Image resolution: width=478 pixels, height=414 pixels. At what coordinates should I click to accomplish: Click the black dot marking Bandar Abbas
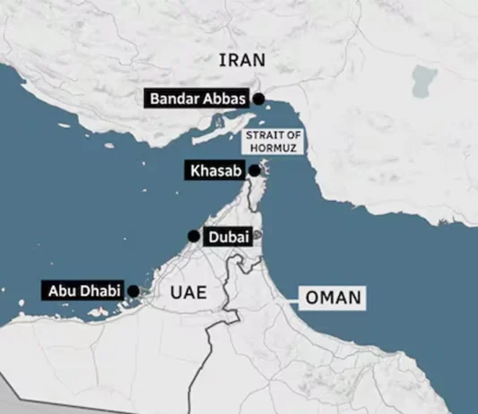[x=259, y=99]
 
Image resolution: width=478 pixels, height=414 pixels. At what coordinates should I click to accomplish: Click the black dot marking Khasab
[x=254, y=170]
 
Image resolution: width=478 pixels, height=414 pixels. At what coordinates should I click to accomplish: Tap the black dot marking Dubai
[x=192, y=236]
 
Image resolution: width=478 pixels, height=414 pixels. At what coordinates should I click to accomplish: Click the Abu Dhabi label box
[x=83, y=290]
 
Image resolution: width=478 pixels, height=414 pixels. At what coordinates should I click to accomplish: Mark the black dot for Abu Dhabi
[x=133, y=290]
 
